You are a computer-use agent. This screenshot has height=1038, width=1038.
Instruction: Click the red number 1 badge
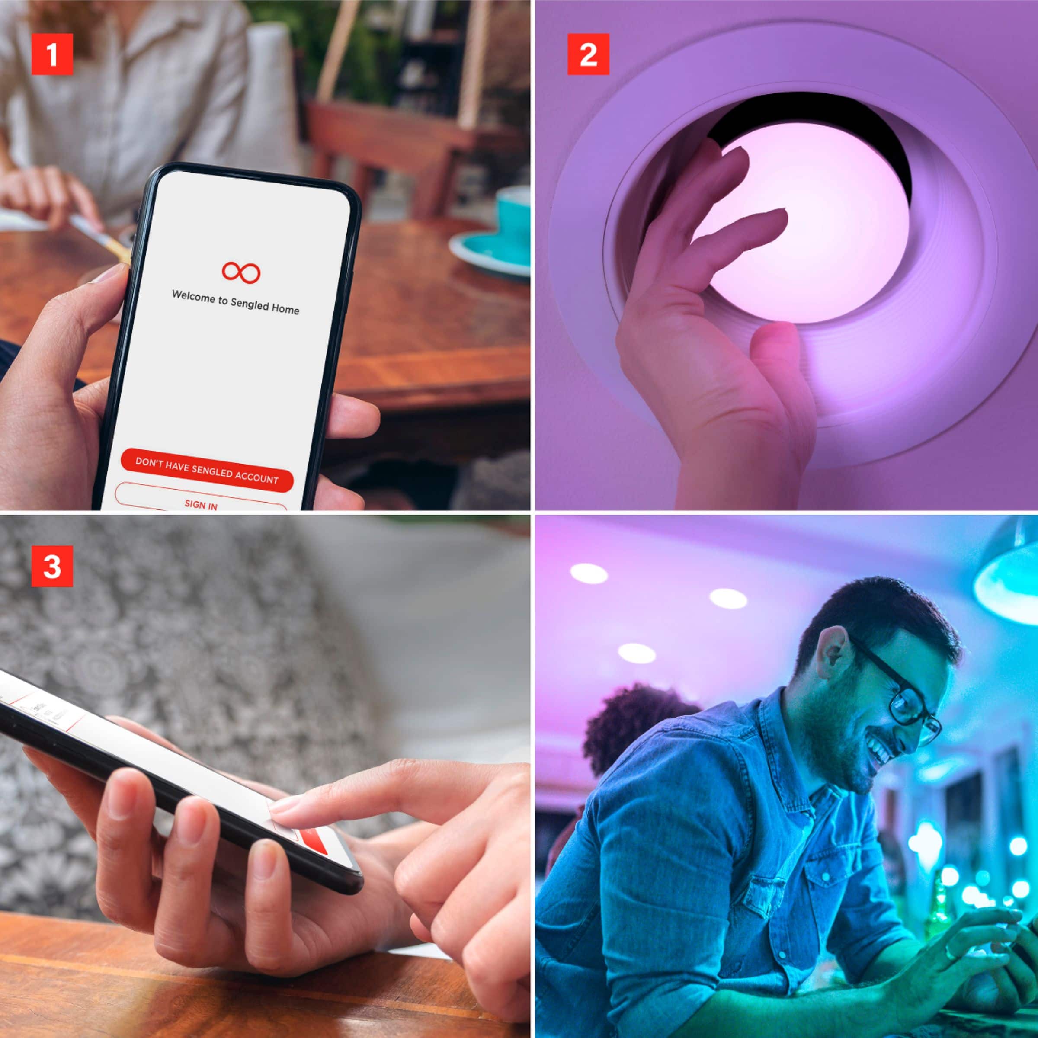click(x=51, y=54)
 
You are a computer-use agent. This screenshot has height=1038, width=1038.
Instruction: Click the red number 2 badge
click(x=588, y=54)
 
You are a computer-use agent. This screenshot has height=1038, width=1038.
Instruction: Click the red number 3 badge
click(x=51, y=566)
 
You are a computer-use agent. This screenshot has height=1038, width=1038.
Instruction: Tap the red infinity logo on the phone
click(x=241, y=272)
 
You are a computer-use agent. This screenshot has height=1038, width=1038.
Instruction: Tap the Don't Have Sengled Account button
click(x=207, y=471)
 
